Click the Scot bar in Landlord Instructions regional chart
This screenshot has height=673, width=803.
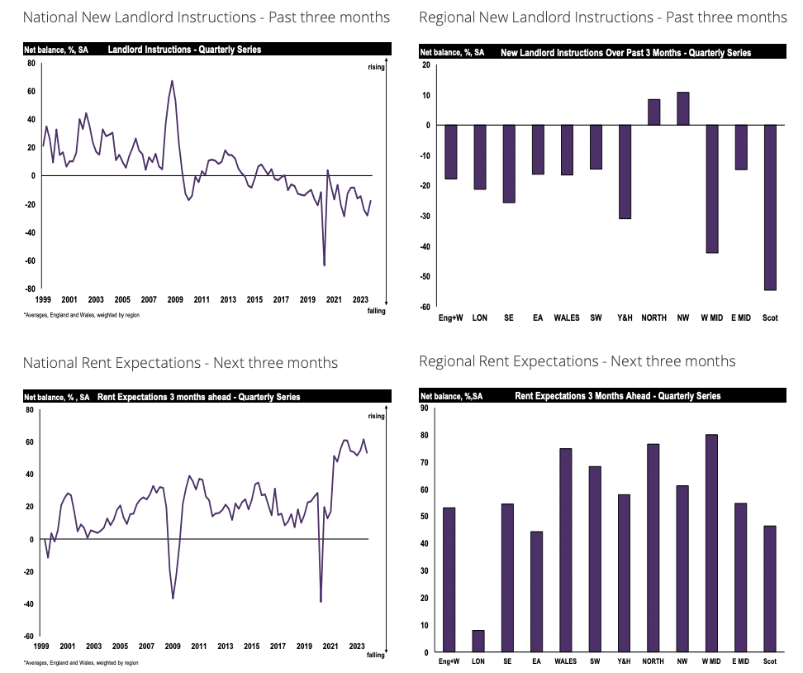(770, 207)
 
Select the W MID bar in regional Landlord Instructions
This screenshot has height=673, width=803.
(710, 189)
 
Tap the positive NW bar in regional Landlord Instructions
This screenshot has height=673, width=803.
(682, 109)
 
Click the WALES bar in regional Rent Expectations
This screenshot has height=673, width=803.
(566, 550)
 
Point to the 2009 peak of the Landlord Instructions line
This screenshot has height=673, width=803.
(172, 81)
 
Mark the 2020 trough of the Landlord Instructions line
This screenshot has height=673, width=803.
(324, 265)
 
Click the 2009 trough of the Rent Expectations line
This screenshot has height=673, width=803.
(173, 598)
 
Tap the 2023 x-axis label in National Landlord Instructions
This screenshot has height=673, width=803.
(360, 299)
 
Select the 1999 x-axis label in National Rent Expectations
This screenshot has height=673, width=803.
(42, 647)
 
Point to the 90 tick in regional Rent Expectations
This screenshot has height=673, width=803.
(425, 408)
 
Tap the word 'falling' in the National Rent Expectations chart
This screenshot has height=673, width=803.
(376, 655)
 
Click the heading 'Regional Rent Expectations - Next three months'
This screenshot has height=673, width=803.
(577, 361)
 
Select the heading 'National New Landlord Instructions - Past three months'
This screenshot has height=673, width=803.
(207, 17)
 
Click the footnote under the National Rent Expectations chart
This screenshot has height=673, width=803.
(81, 662)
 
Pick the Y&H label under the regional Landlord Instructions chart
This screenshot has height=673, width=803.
(624, 317)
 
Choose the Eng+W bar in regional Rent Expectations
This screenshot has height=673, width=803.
(449, 579)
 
